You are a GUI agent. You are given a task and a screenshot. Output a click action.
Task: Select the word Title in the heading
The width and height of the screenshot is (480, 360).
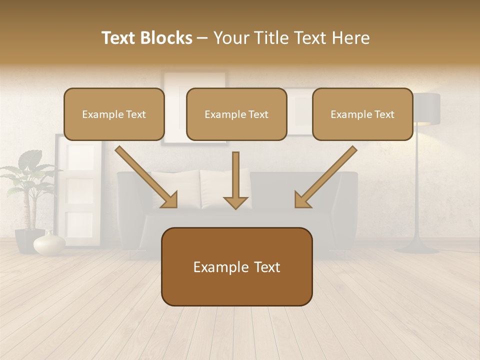point(270,38)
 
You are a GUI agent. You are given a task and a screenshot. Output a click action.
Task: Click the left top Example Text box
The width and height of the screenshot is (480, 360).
point(114,114)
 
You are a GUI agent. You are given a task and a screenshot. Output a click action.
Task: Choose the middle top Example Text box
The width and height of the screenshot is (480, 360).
point(236,114)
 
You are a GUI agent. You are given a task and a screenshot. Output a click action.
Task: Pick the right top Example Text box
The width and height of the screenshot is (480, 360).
point(362,114)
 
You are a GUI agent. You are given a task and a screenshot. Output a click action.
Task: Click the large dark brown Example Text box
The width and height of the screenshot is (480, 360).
point(236,267)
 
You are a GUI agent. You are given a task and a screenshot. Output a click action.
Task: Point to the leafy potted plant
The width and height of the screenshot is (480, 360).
point(27,180)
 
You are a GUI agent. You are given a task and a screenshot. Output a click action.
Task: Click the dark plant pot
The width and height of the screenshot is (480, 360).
point(25,240)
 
